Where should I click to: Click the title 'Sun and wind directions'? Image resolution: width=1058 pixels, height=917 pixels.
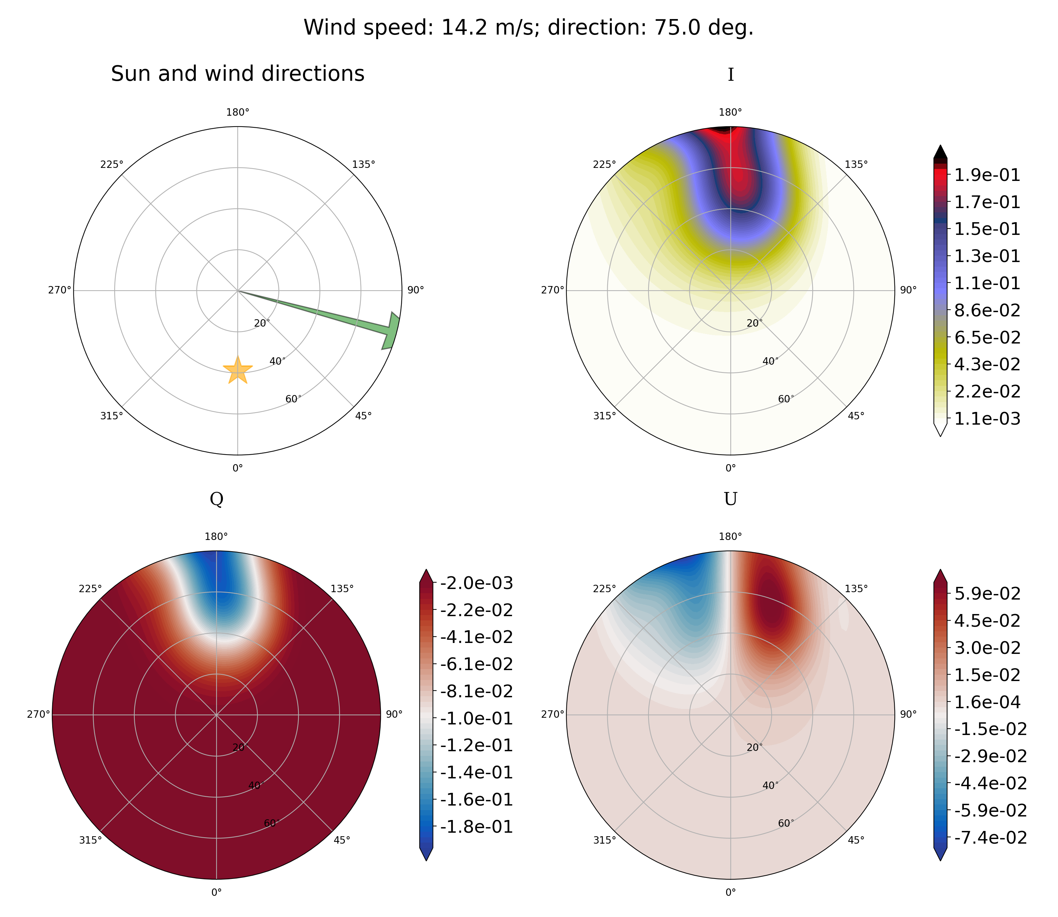point(238,74)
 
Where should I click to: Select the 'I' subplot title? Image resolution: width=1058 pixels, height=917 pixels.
point(731,75)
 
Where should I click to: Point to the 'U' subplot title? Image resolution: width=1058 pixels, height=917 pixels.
point(731,499)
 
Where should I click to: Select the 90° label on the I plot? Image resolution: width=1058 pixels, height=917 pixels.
point(908,290)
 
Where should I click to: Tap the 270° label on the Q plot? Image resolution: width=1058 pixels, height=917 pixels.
point(38,714)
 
